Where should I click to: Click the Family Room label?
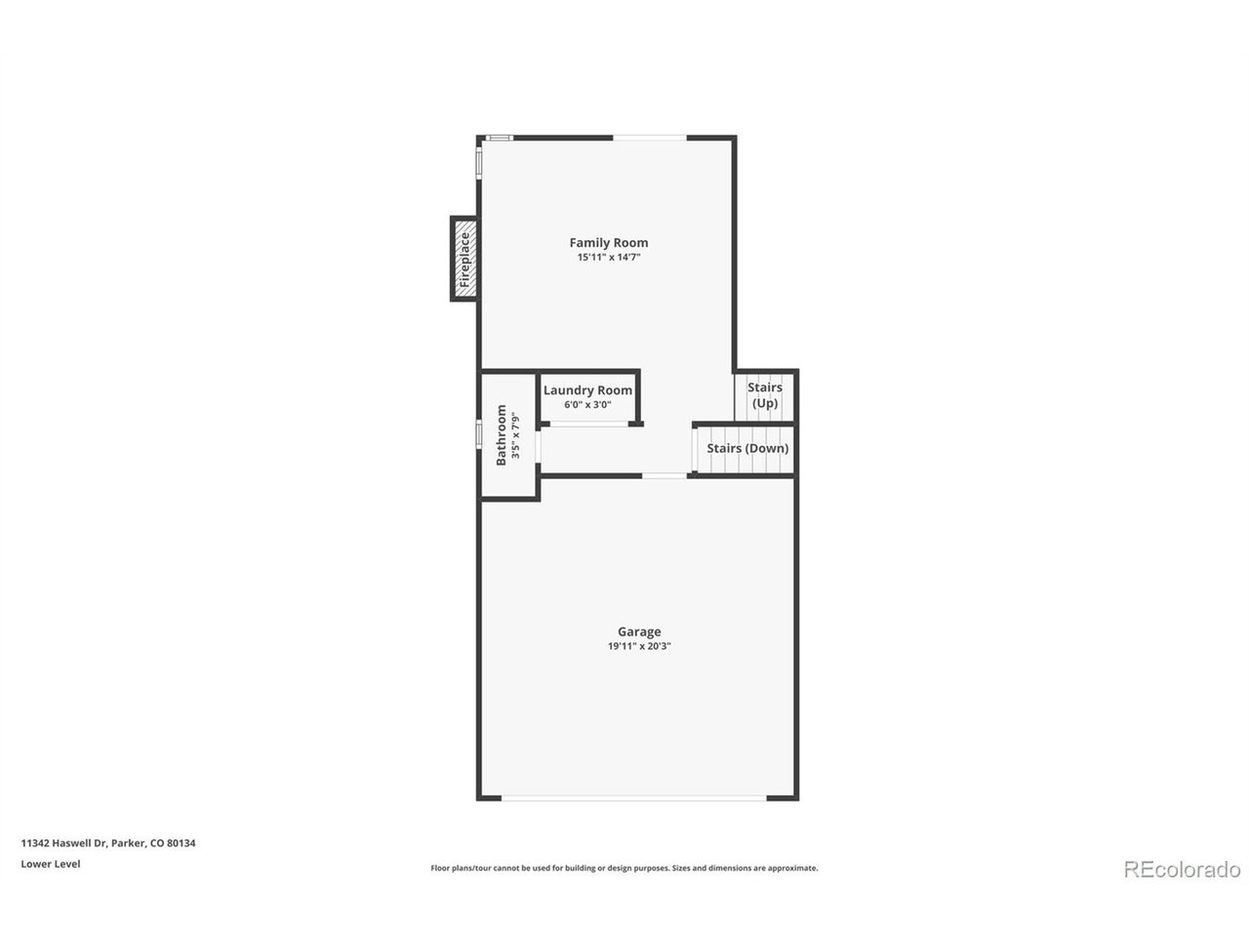click(x=609, y=243)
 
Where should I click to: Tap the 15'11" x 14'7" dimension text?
click(x=609, y=258)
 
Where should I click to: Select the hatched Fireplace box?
click(x=464, y=259)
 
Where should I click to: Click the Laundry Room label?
click(x=587, y=390)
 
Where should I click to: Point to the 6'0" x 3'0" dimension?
click(x=587, y=405)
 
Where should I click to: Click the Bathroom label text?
click(x=502, y=435)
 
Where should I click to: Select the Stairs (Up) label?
click(x=765, y=395)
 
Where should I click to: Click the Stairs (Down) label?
click(x=747, y=449)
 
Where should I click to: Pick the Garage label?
click(x=639, y=631)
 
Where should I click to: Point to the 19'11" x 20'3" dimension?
click(x=639, y=646)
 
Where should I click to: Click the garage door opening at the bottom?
click(x=634, y=798)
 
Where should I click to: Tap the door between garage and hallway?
click(x=665, y=475)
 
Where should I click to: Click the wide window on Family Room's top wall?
click(x=650, y=138)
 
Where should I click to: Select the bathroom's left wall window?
click(x=479, y=434)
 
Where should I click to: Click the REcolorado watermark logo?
click(x=1182, y=869)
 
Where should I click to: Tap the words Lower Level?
click(x=51, y=864)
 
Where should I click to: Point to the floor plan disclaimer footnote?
click(x=624, y=868)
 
